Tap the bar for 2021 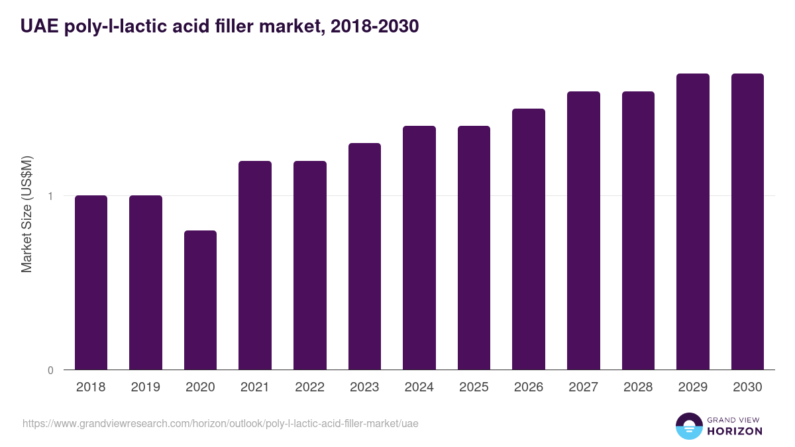tap(255, 265)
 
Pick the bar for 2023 tap(364, 256)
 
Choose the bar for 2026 tap(529, 239)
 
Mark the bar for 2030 tap(747, 221)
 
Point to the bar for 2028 tap(638, 230)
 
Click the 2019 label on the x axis tap(146, 387)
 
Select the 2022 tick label tap(309, 387)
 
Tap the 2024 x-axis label tap(419, 387)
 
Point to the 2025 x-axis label tap(474, 387)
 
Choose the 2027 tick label tap(583, 387)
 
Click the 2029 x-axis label tap(692, 387)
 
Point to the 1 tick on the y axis tap(50, 196)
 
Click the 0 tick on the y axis tap(50, 370)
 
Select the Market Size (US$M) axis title tap(26, 214)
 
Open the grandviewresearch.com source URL tap(221, 423)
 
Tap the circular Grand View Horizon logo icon tap(688, 426)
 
